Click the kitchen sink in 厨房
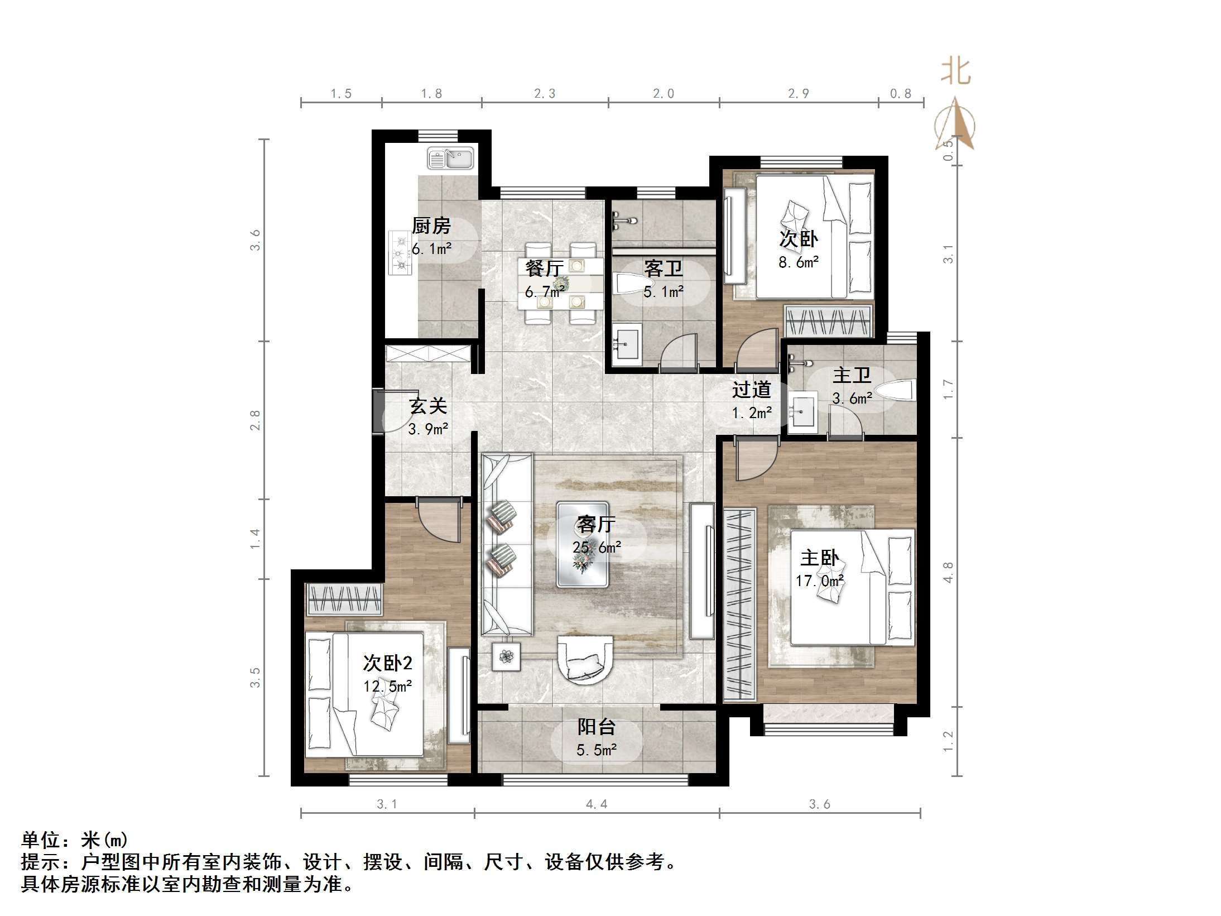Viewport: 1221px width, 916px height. [450, 158]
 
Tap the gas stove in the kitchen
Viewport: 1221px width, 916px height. [400, 253]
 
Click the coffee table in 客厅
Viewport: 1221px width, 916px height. [582, 544]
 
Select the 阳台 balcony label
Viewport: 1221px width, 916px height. [596, 727]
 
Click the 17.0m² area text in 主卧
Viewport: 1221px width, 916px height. [819, 581]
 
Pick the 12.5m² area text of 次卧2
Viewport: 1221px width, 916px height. [387, 686]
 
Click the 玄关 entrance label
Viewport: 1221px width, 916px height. [428, 406]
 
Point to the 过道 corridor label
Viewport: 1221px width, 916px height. [751, 390]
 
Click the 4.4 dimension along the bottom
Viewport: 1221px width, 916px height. [596, 804]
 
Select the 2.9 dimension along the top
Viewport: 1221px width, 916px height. [798, 94]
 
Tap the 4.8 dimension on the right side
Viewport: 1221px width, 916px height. [948, 572]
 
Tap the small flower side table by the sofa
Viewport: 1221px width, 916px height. [506, 656]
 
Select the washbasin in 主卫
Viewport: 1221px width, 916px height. [802, 412]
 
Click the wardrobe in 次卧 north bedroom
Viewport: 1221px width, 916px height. [828, 322]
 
